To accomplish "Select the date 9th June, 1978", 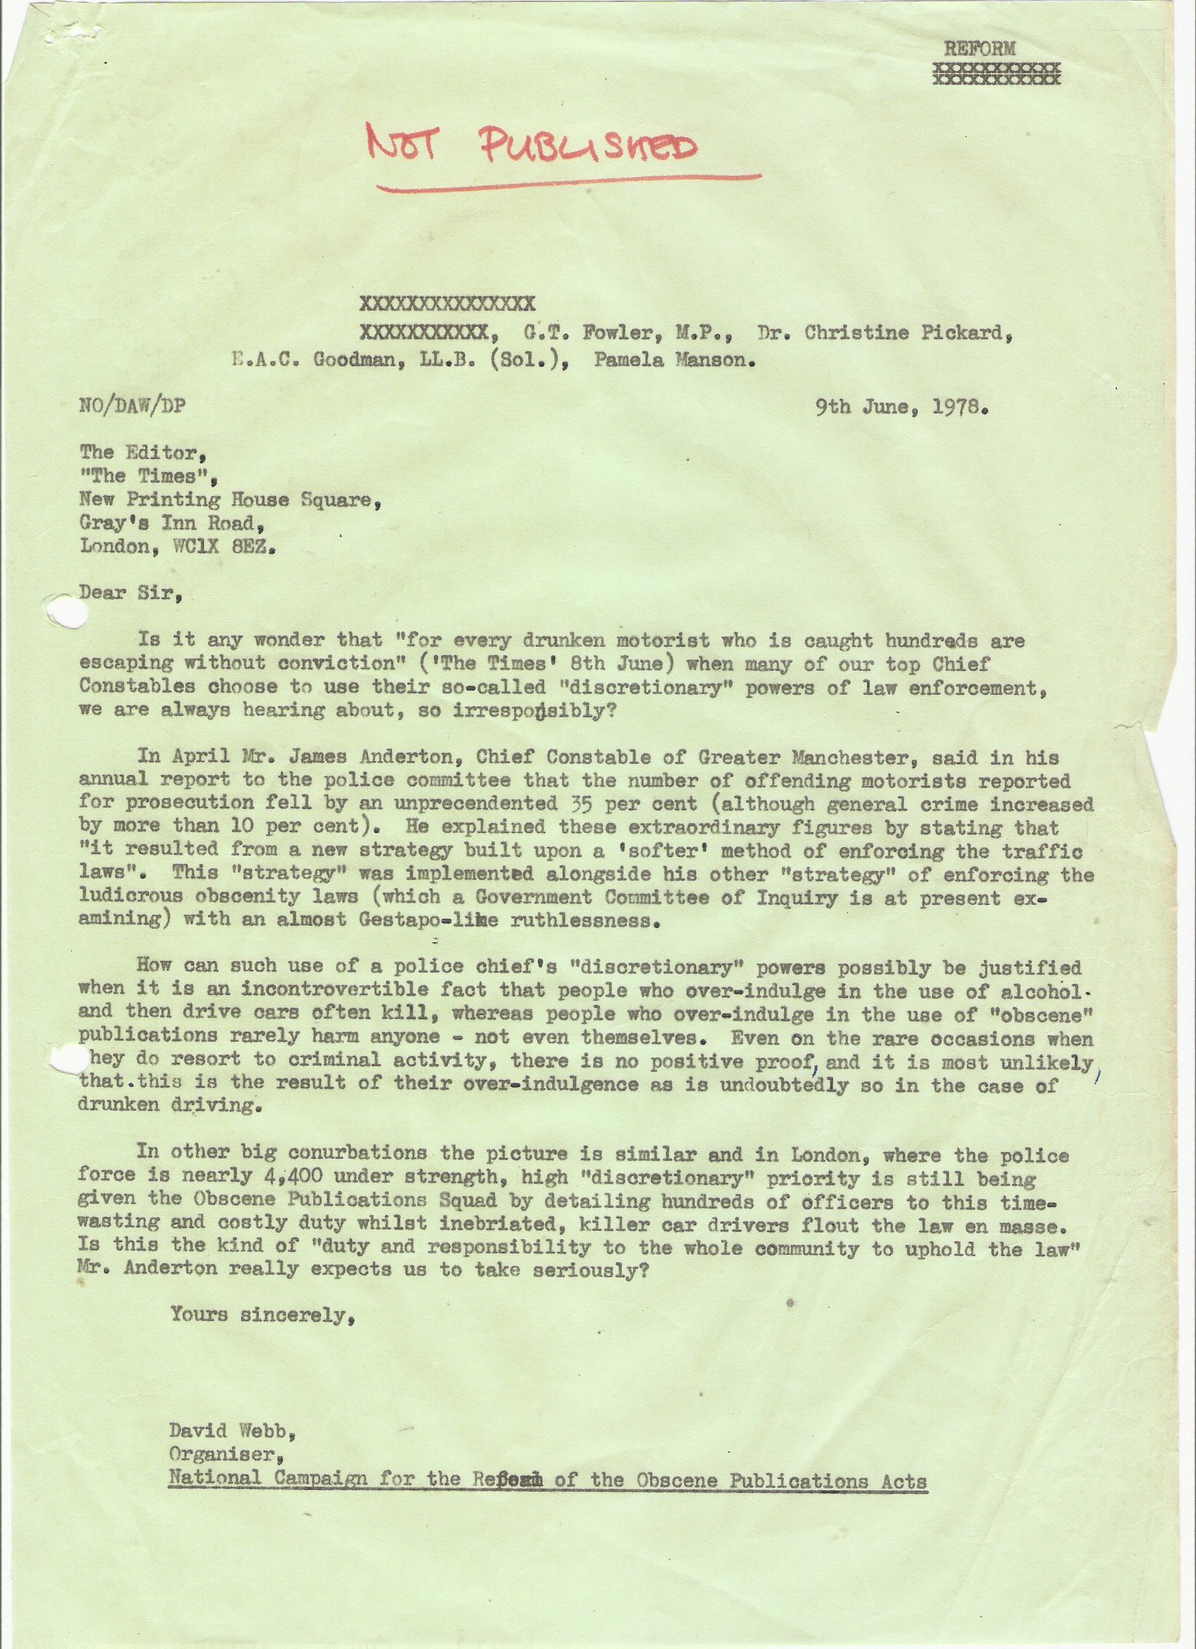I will [x=901, y=408].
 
